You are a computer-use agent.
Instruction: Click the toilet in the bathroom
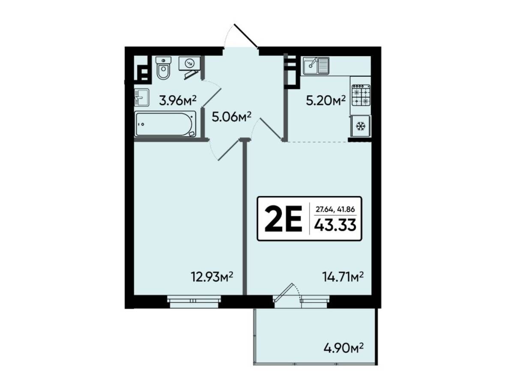(164, 68)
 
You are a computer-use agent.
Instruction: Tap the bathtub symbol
(165, 124)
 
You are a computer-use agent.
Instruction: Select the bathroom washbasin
(141, 98)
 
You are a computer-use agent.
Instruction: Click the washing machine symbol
(189, 63)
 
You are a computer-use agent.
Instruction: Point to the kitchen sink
(316, 66)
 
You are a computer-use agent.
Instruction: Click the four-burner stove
(361, 95)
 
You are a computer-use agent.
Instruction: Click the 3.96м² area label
(178, 101)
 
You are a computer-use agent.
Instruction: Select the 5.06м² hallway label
(231, 117)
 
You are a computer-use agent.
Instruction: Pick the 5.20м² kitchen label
(326, 101)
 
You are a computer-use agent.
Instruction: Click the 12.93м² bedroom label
(212, 277)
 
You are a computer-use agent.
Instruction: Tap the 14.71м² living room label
(343, 277)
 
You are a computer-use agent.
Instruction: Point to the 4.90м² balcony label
(344, 355)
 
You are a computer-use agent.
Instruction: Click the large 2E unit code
(284, 219)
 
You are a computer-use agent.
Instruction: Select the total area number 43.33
(335, 225)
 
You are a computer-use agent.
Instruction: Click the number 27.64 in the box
(323, 209)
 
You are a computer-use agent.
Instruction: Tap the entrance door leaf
(246, 36)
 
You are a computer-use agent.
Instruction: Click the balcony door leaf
(284, 293)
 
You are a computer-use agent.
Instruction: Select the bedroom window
(194, 302)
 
